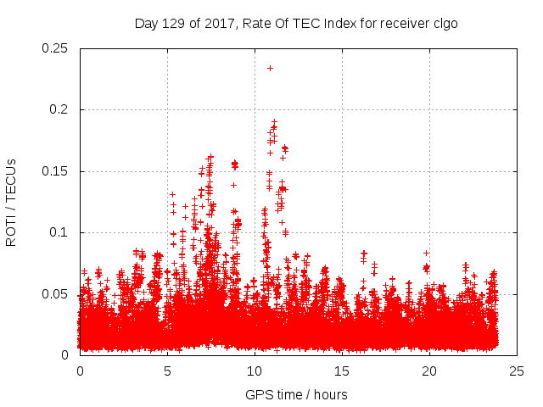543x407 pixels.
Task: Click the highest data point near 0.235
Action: click(x=270, y=68)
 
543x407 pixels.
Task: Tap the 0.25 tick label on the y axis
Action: click(x=56, y=48)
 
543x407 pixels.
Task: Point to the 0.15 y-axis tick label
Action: click(x=56, y=171)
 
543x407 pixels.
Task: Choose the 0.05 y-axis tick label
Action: click(x=56, y=293)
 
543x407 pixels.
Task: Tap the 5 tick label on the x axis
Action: click(x=167, y=371)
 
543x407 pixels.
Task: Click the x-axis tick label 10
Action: click(x=255, y=371)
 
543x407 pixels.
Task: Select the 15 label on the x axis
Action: click(x=342, y=371)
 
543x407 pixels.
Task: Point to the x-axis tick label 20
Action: click(x=429, y=371)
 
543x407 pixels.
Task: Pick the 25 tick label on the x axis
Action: click(x=517, y=371)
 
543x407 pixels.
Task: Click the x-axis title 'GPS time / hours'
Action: click(x=296, y=394)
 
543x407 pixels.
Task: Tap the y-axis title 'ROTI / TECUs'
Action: click(x=11, y=203)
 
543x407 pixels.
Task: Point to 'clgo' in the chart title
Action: click(x=445, y=23)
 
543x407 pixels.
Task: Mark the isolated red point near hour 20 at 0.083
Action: click(x=426, y=253)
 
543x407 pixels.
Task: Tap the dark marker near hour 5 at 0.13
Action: click(x=172, y=194)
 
